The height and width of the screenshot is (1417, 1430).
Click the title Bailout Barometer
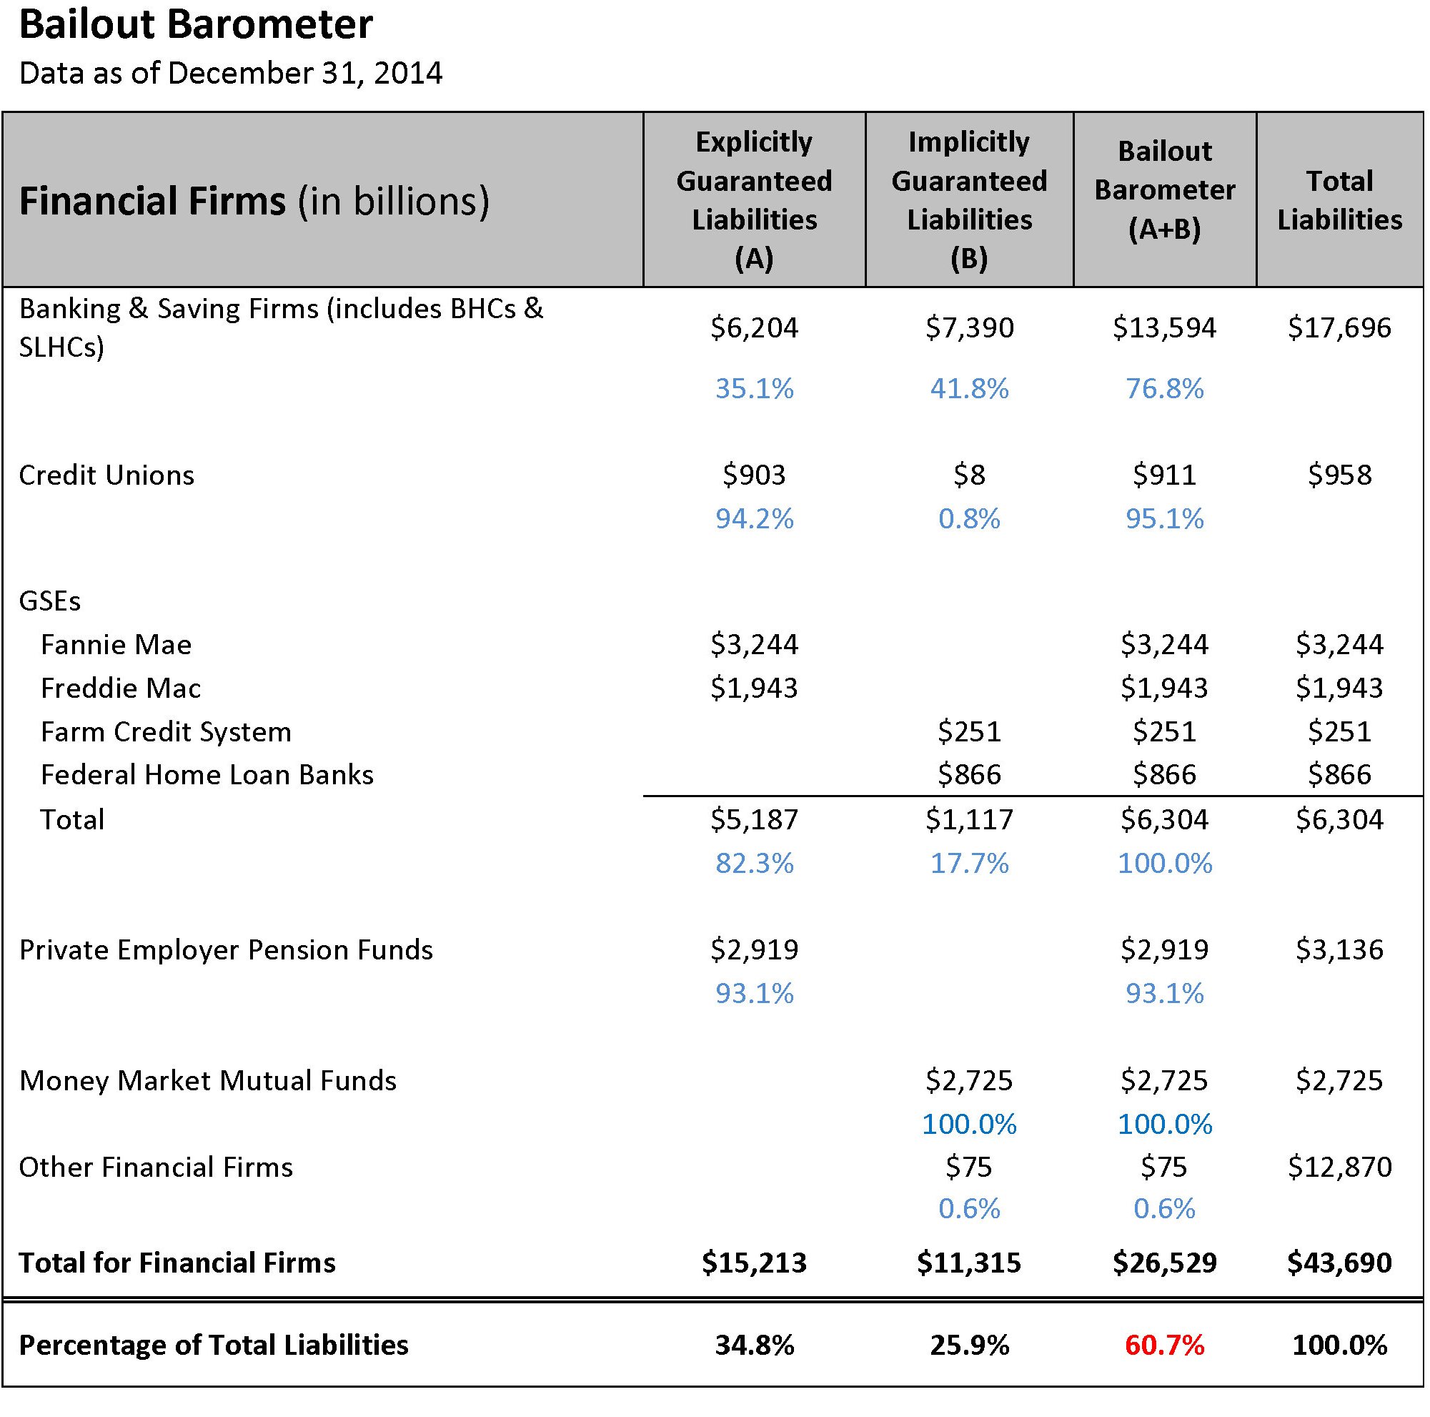(195, 25)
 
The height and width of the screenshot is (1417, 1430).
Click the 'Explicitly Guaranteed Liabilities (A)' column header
(753, 200)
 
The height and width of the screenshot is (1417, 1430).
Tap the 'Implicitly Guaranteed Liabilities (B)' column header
(968, 200)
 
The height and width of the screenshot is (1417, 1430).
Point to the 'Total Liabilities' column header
(1339, 200)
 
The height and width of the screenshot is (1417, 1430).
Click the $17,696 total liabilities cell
(1339, 327)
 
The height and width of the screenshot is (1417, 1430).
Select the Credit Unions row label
(106, 475)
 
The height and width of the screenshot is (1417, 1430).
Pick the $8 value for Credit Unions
(968, 475)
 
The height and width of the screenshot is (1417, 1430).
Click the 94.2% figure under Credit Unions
(753, 519)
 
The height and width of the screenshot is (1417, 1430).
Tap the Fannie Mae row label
(116, 645)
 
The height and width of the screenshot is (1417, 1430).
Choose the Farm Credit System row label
(166, 732)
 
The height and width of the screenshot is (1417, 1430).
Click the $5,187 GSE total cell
(753, 819)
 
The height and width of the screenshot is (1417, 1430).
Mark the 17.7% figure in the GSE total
(968, 863)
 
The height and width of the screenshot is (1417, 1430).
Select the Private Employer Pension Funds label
(226, 950)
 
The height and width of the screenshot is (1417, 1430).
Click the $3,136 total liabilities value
(1339, 950)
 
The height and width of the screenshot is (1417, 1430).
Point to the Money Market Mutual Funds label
(208, 1081)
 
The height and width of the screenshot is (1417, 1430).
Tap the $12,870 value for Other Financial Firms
(1339, 1167)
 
